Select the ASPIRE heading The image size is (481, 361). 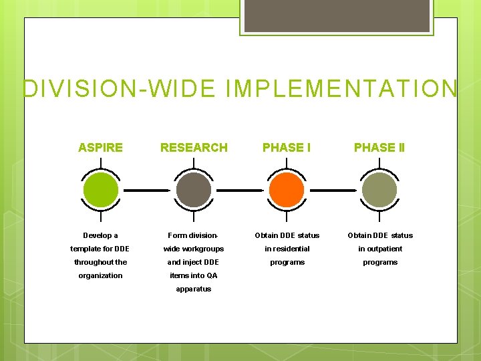pos(100,147)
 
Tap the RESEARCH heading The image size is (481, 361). pos(194,147)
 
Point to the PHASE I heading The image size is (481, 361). pos(287,147)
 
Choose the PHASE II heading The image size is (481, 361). pos(379,147)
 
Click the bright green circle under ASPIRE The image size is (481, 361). pos(101,190)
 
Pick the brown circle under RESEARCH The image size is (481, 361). pos(194,190)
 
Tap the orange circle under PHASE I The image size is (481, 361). pos(287,190)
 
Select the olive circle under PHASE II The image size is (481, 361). pos(379,190)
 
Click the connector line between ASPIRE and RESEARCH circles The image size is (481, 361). pos(147,191)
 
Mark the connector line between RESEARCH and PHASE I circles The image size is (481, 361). pos(240,191)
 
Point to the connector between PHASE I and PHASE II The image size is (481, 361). pos(333,191)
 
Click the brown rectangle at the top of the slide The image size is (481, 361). pos(337,15)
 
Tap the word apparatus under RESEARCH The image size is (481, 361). pos(194,289)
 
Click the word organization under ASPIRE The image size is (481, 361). pos(100,275)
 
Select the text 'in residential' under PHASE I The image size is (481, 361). pos(287,249)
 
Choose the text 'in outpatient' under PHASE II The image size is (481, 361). pos(380,249)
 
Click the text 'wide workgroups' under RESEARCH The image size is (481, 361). pos(194,249)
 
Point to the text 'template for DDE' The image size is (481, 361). pos(100,249)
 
